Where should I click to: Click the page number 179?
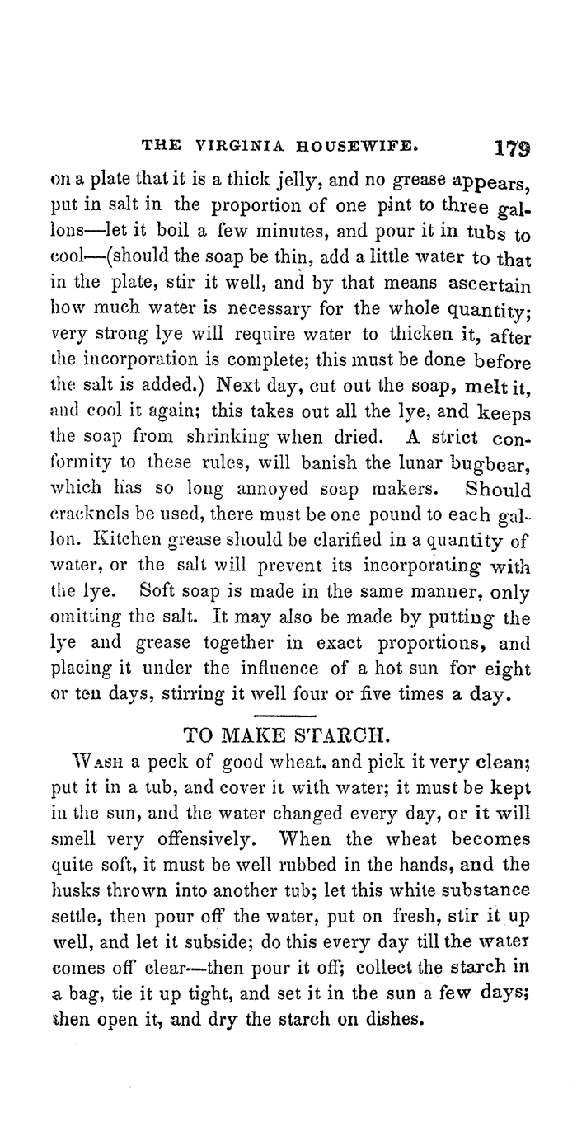coord(512,149)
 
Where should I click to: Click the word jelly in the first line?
coord(271,177)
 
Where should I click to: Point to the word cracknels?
coord(91,496)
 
